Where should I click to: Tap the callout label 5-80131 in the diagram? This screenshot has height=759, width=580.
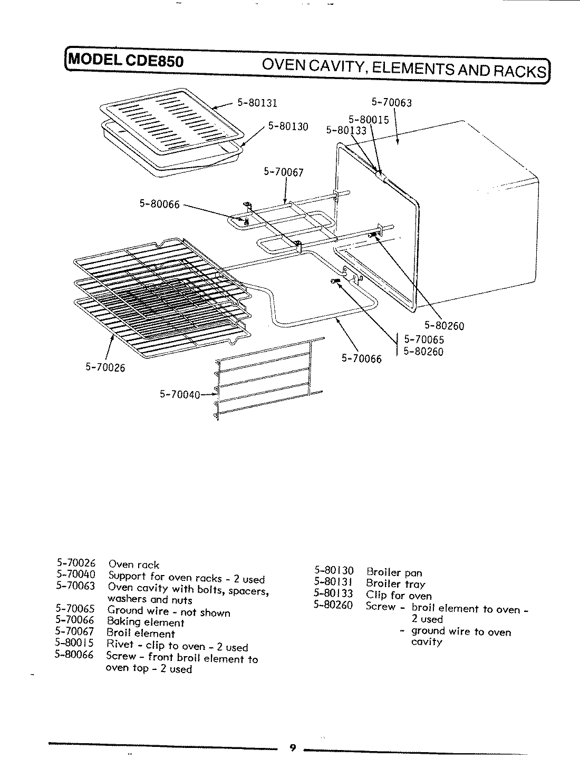(x=257, y=103)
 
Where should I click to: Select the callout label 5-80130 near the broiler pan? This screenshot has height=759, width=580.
(x=288, y=126)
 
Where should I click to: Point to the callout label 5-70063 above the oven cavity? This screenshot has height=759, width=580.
(x=391, y=102)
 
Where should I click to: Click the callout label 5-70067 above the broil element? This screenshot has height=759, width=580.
(x=284, y=172)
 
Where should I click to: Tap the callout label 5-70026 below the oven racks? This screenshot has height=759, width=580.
(x=105, y=368)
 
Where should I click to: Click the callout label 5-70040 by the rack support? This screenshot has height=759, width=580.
(x=179, y=394)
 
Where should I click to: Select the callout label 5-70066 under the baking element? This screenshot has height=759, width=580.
(x=361, y=359)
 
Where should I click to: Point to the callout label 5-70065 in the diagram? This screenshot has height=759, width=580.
(x=424, y=340)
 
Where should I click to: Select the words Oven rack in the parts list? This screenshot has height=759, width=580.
(x=133, y=565)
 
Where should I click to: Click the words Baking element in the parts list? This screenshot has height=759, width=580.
(x=146, y=622)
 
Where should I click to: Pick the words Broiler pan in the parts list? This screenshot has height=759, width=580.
(x=394, y=572)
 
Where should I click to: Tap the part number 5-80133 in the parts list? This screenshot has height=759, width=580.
(x=333, y=595)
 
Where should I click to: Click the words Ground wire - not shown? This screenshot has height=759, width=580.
(x=169, y=611)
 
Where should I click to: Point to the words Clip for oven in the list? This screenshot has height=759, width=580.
(x=399, y=596)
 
